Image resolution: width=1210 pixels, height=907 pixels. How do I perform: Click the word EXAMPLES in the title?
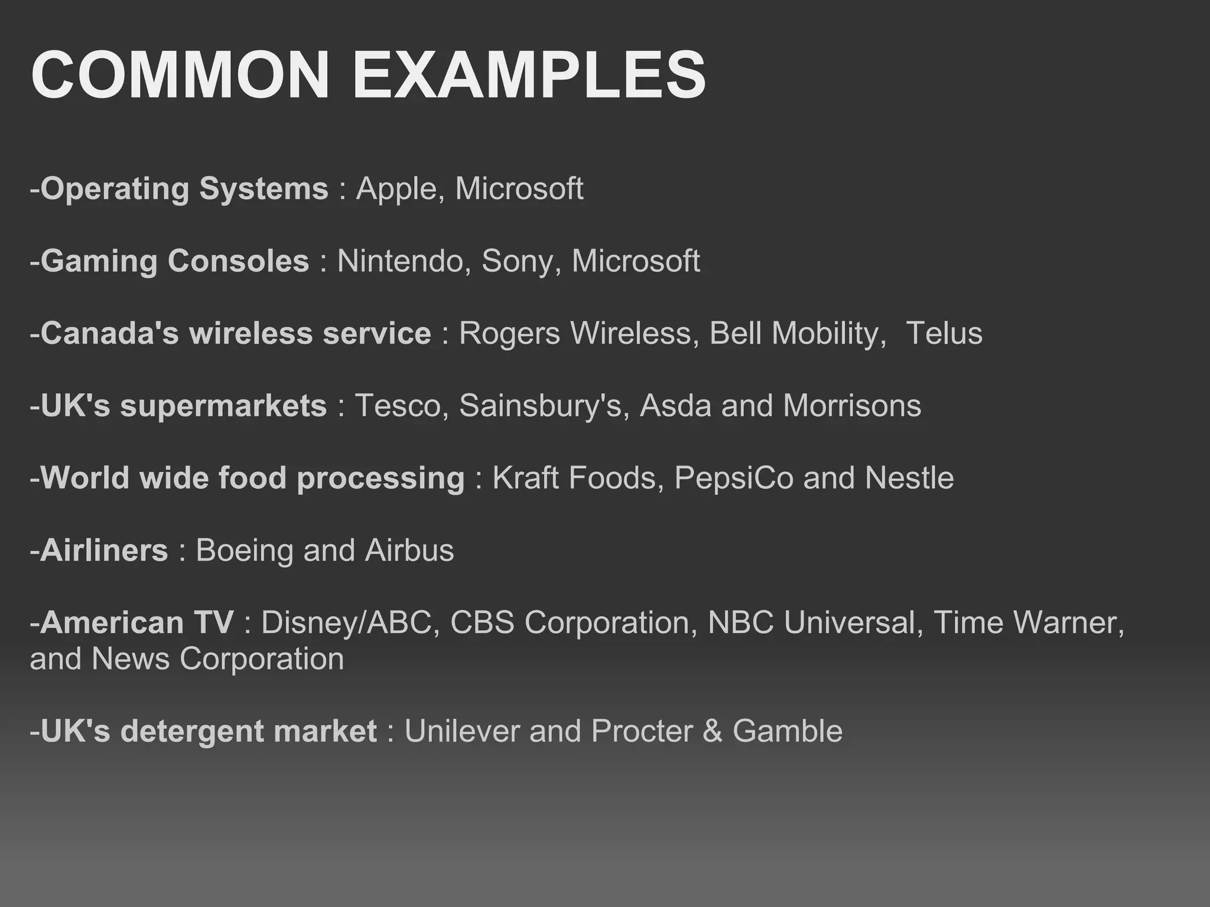click(529, 76)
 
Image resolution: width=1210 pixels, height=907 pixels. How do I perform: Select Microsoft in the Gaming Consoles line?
click(636, 261)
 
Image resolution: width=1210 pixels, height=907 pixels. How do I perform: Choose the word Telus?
click(944, 333)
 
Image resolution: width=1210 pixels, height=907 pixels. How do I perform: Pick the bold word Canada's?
click(109, 333)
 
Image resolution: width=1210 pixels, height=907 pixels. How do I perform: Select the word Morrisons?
click(852, 406)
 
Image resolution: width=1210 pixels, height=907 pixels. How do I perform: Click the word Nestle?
click(909, 478)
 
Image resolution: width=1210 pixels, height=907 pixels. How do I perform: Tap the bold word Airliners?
click(105, 550)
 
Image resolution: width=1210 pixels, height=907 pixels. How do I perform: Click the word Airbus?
click(409, 550)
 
